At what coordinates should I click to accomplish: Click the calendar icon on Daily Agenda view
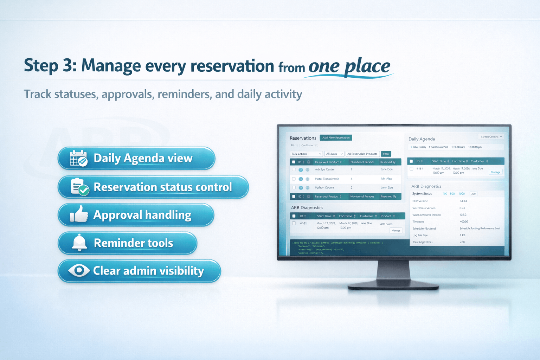[x=78, y=158]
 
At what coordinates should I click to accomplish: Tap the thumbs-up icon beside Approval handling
[x=79, y=214]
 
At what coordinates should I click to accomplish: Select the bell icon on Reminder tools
[x=79, y=243]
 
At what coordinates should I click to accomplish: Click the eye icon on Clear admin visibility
[x=79, y=270]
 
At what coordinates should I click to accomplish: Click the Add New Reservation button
[x=336, y=138]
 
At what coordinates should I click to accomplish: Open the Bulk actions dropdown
[x=306, y=154]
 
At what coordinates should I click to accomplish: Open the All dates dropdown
[x=334, y=154]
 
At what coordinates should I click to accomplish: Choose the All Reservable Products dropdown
[x=362, y=154]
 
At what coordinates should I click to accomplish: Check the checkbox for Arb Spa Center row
[x=294, y=169]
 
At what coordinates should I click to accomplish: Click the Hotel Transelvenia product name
[x=327, y=179]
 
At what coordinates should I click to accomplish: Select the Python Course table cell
[x=324, y=188]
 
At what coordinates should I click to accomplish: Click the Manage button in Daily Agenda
[x=495, y=172]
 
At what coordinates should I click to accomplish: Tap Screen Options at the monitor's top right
[x=491, y=137]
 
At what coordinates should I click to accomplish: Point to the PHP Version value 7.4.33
[x=463, y=201]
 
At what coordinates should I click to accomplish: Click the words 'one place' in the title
[x=349, y=66]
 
